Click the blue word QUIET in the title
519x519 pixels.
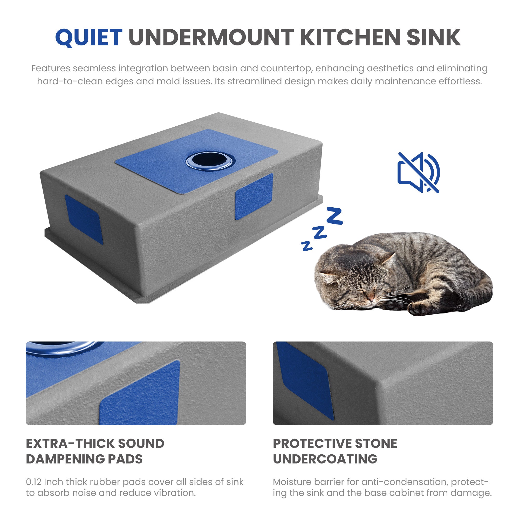[89, 37]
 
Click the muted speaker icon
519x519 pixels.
[419, 173]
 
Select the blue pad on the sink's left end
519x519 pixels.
[84, 219]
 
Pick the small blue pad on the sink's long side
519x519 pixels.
[254, 196]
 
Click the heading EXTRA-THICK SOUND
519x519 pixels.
[95, 443]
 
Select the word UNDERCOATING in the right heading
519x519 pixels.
[325, 459]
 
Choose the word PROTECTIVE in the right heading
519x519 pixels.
[312, 443]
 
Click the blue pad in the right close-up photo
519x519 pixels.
[305, 381]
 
